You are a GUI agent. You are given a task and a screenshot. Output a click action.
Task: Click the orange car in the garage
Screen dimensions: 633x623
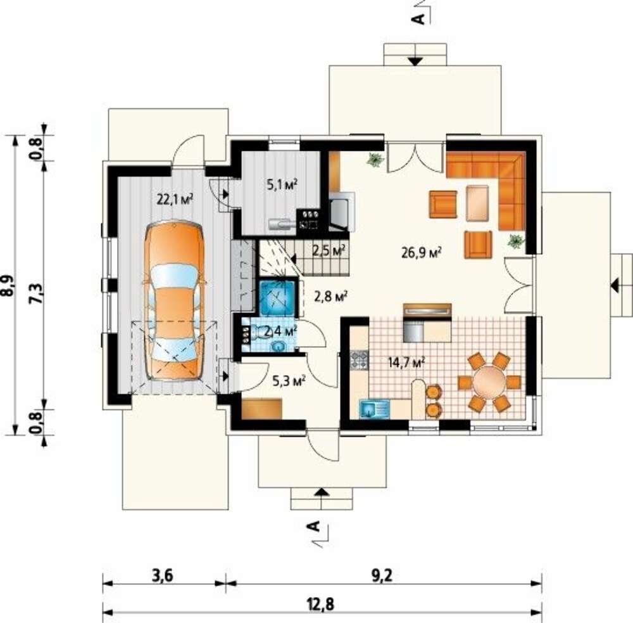[175, 300]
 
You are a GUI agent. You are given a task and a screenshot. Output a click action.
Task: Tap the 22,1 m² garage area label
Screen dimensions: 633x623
[175, 199]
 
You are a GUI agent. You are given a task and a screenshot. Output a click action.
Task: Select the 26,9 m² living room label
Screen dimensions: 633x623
[421, 253]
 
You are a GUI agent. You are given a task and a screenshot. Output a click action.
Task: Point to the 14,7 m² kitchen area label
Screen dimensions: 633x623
[407, 363]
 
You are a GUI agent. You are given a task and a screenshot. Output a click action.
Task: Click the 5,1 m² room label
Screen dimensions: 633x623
[282, 185]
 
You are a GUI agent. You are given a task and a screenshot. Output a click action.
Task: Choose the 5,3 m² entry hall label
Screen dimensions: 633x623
[289, 380]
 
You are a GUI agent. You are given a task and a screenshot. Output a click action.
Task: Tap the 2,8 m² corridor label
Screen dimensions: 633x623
[331, 297]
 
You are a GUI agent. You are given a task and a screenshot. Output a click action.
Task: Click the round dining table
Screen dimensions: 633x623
[489, 382]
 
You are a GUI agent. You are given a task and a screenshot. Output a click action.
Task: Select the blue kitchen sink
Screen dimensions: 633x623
[374, 409]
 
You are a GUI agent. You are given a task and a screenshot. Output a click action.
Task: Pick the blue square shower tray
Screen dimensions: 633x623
[277, 297]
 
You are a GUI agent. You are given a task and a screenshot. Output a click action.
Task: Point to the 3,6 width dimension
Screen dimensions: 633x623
[162, 575]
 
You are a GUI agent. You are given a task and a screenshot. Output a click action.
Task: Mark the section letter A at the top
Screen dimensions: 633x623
[420, 18]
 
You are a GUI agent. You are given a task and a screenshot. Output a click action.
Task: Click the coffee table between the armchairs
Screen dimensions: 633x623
[477, 203]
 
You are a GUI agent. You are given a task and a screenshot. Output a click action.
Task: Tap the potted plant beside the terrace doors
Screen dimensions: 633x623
[375, 160]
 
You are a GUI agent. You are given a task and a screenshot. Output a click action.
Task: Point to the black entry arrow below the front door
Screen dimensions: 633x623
[321, 492]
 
